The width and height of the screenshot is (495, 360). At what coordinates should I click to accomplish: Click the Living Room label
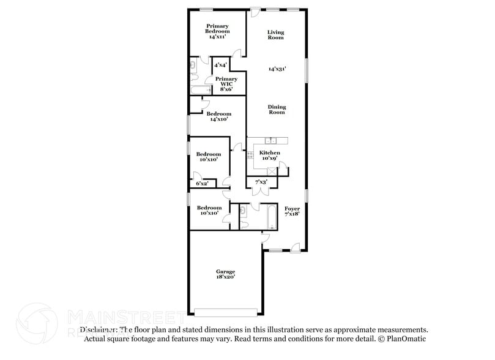(276, 34)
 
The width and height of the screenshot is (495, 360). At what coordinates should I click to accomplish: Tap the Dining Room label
(277, 110)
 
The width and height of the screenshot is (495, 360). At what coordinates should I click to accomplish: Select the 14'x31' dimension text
(277, 69)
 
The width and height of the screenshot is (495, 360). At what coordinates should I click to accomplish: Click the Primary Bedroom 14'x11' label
(217, 31)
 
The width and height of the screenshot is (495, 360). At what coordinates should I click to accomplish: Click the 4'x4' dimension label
(221, 64)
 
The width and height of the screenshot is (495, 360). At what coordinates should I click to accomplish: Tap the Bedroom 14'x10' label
(218, 116)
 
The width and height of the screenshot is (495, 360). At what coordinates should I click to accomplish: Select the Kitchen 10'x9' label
(269, 155)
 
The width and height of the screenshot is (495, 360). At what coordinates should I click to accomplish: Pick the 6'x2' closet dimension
(202, 183)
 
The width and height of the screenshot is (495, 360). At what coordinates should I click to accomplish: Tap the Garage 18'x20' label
(225, 274)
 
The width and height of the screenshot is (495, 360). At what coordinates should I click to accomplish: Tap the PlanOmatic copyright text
(401, 339)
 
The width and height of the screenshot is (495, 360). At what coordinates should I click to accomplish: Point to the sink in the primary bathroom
(193, 65)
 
